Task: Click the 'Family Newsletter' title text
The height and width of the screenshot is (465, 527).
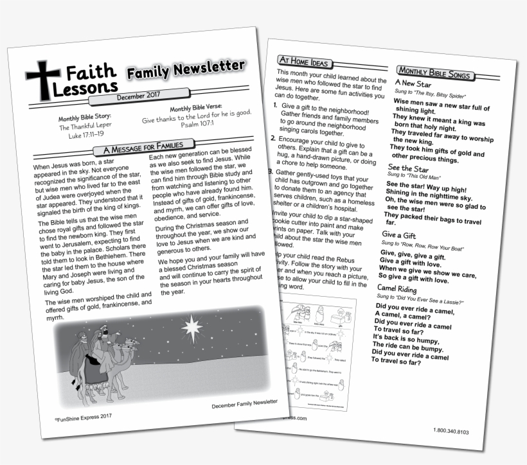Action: (185, 69)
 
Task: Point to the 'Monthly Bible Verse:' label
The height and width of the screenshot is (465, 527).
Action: (197, 110)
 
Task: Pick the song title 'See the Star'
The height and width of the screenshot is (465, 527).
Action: (407, 169)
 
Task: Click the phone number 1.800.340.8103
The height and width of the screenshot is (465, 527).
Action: (456, 430)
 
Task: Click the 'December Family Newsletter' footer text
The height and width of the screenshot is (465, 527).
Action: (244, 404)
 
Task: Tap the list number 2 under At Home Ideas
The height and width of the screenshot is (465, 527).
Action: (272, 138)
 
